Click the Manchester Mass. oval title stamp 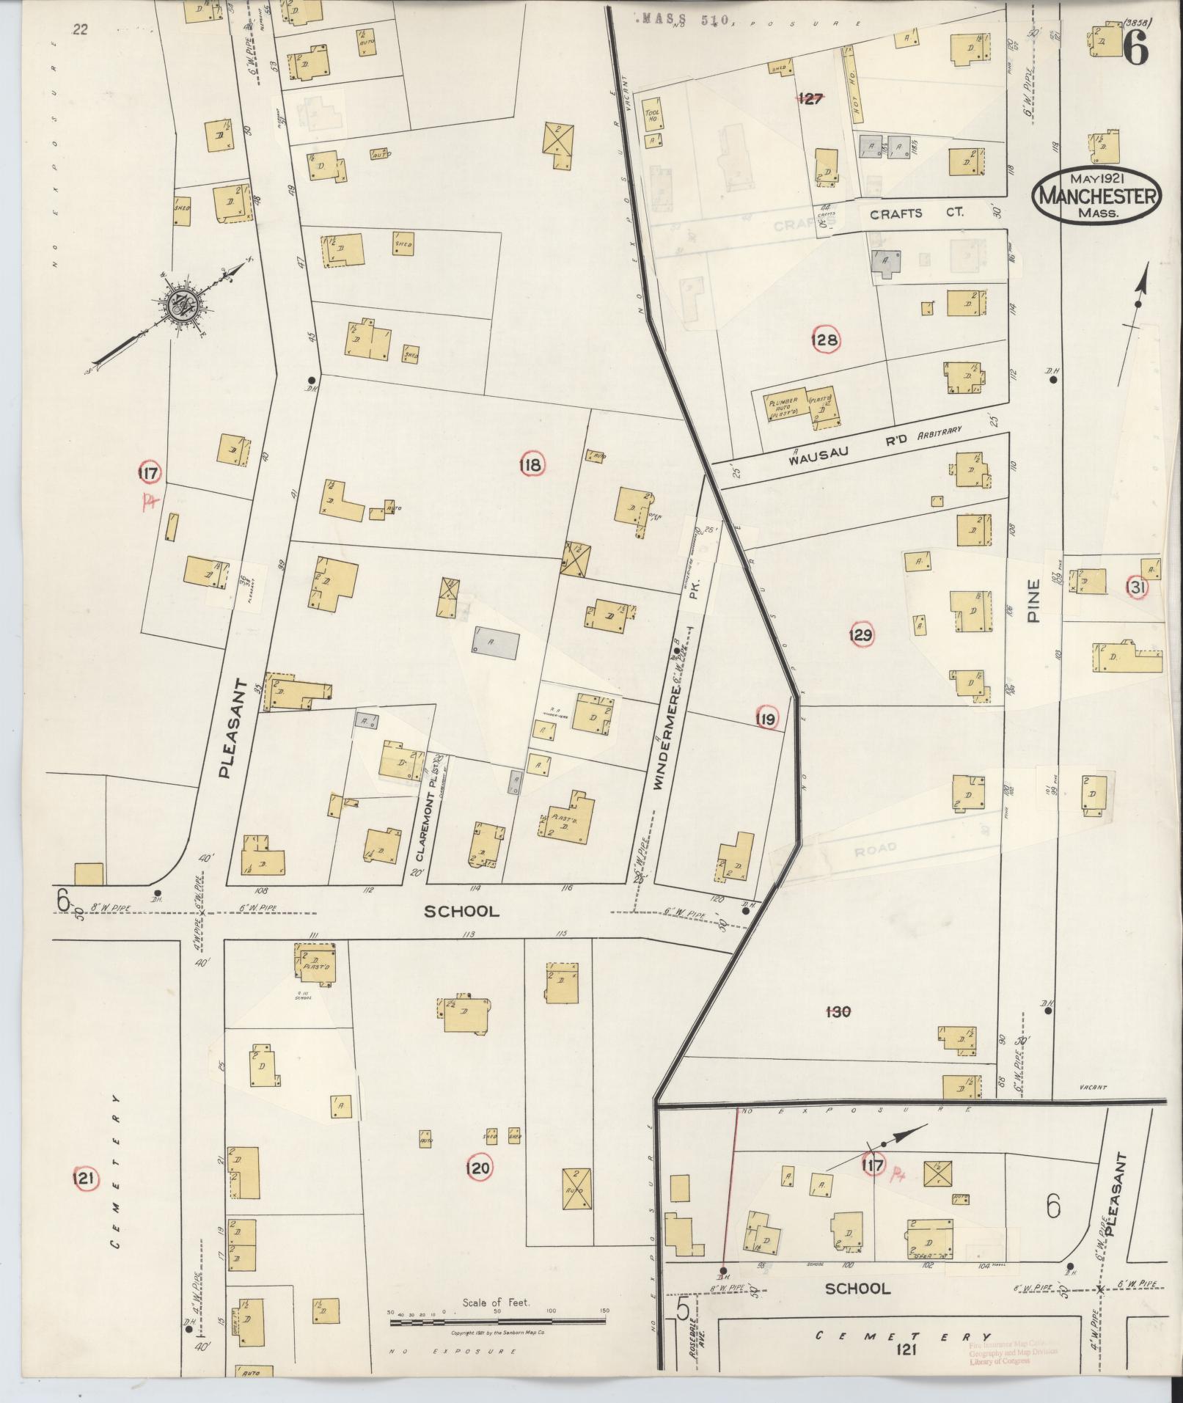click(1096, 196)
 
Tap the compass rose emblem click(179, 306)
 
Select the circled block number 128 click(824, 340)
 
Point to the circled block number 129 click(860, 634)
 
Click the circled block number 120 click(477, 1168)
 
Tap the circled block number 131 click(1138, 587)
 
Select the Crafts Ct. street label click(917, 214)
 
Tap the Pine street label click(1033, 601)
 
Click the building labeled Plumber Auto click(783, 408)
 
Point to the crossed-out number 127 click(810, 98)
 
